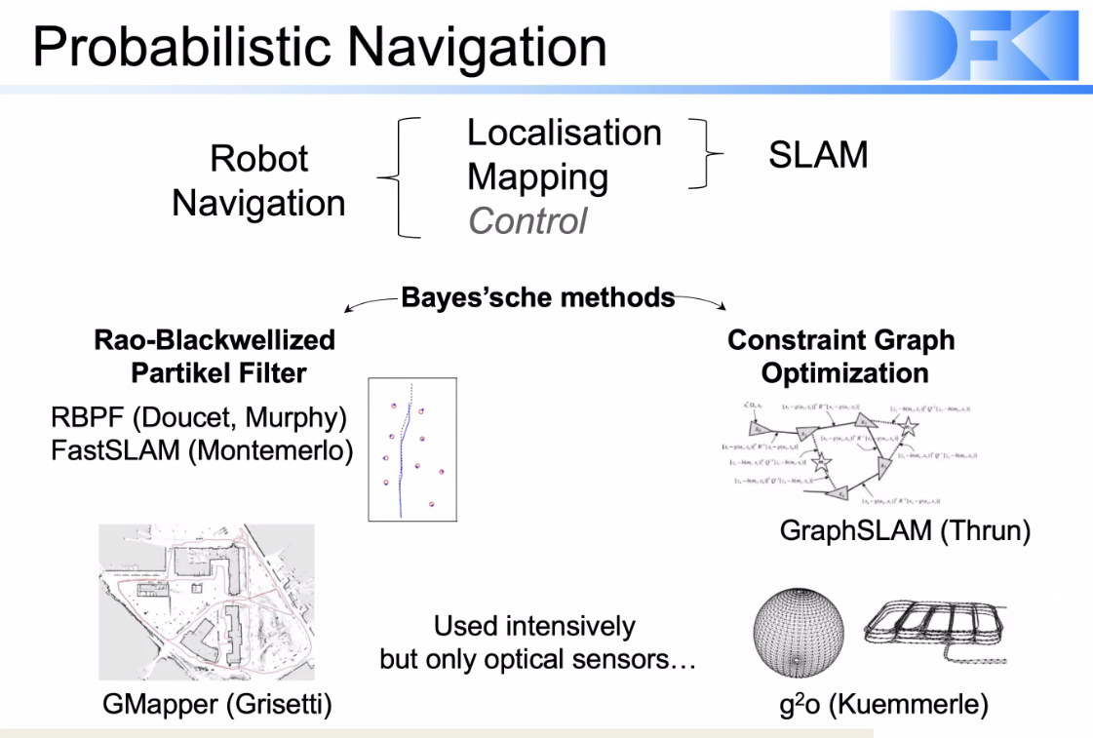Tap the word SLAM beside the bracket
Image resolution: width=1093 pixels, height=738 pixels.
tap(817, 154)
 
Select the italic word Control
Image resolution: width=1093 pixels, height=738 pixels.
tap(527, 220)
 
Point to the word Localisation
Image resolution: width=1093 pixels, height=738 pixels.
tap(564, 133)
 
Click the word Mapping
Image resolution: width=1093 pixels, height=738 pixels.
tap(537, 176)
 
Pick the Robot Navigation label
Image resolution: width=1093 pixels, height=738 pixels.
tap(258, 180)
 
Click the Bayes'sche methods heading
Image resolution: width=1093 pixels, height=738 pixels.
tap(538, 296)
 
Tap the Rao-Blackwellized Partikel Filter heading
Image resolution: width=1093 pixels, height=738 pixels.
tap(215, 356)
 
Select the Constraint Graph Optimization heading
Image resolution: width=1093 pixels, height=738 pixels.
tap(841, 356)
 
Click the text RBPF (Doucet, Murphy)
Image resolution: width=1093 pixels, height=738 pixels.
tap(199, 418)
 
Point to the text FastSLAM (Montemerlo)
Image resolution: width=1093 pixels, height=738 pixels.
tap(202, 451)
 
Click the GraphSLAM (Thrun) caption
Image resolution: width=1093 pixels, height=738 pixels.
tap(905, 530)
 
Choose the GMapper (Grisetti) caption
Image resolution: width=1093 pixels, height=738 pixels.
tap(216, 704)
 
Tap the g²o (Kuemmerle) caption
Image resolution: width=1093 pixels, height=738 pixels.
tap(883, 704)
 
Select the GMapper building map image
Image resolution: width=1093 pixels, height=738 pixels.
tap(207, 602)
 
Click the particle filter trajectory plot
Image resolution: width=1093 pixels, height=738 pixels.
tap(411, 448)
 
